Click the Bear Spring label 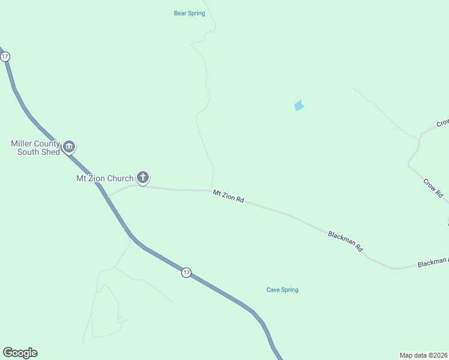click(189, 13)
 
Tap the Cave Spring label click(282, 290)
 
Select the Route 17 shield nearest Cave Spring click(186, 273)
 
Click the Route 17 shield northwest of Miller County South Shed click(5, 56)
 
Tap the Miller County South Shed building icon click(69, 146)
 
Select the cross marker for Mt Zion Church click(142, 176)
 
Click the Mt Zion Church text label click(104, 178)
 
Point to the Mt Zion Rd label click(228, 196)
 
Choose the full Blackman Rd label click(346, 241)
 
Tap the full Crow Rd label click(433, 188)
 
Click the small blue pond click(299, 106)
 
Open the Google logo click(20, 353)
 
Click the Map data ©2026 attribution click(424, 355)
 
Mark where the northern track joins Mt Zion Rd click(212, 190)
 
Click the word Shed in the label click(50, 152)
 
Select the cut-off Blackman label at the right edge click(432, 262)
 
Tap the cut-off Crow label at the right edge click(442, 122)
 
